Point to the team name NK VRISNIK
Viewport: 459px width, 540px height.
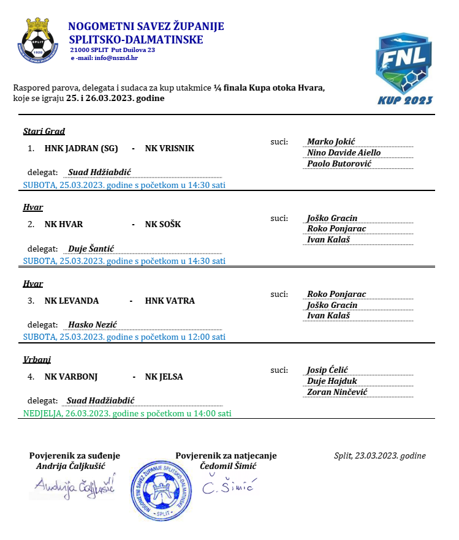pyautogui.click(x=170, y=148)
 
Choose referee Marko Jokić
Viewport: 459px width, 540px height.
pyautogui.click(x=335, y=141)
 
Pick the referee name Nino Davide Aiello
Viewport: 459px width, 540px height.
pyautogui.click(x=344, y=152)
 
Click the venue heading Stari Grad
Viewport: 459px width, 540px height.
pyautogui.click(x=44, y=131)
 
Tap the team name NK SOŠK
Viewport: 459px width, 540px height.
pyautogui.click(x=163, y=224)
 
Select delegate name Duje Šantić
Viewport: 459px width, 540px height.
pyautogui.click(x=91, y=249)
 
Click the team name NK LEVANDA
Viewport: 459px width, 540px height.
pyautogui.click(x=72, y=301)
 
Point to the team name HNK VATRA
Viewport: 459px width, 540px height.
pyautogui.click(x=170, y=301)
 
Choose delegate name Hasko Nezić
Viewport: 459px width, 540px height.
pyautogui.click(x=93, y=324)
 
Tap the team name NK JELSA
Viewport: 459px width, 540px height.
pyautogui.click(x=164, y=377)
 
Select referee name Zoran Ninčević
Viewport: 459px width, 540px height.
pyautogui.click(x=337, y=392)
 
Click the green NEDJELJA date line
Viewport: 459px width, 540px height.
pyautogui.click(x=127, y=413)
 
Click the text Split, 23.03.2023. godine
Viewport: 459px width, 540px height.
pyautogui.click(x=380, y=456)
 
